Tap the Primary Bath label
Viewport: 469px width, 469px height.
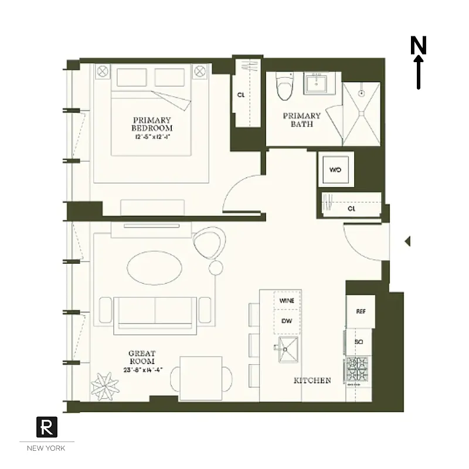(x=302, y=120)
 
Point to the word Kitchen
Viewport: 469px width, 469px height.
(x=312, y=380)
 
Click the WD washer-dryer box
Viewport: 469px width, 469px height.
(x=335, y=170)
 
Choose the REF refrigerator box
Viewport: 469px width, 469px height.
(x=361, y=311)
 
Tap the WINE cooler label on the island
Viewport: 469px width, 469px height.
(x=287, y=300)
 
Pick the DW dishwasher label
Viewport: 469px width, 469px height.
(x=287, y=321)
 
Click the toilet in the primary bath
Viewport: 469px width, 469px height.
(x=285, y=87)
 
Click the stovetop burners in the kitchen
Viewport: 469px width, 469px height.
(x=358, y=370)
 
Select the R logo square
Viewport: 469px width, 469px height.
(x=46, y=426)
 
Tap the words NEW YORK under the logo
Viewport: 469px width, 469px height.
(x=46, y=448)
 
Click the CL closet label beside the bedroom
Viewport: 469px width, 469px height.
(x=241, y=94)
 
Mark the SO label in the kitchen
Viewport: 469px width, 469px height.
(x=359, y=341)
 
